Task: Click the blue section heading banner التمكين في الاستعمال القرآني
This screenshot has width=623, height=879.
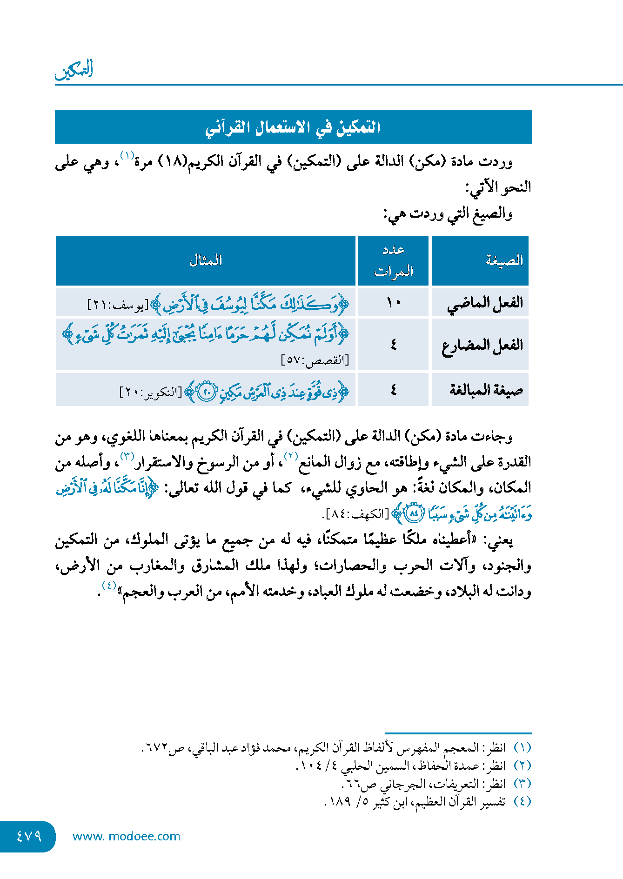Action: (293, 127)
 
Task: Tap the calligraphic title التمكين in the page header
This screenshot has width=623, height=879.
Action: (74, 70)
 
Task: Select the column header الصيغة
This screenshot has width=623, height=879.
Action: (504, 260)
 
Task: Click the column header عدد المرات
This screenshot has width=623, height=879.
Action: (394, 260)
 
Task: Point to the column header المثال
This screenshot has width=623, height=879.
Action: (206, 260)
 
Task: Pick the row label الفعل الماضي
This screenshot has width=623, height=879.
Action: (485, 303)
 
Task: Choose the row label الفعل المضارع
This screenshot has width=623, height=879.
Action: (482, 345)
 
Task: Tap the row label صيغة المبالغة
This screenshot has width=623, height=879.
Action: (486, 390)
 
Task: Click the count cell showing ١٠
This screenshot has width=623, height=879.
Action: (394, 303)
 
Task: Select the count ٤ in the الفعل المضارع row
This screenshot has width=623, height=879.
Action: (394, 345)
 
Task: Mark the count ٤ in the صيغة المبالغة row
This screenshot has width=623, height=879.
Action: (394, 390)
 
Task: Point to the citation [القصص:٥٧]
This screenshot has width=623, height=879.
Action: (315, 360)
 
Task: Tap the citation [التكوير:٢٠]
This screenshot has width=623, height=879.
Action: (151, 392)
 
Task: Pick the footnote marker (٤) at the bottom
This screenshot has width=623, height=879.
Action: (522, 801)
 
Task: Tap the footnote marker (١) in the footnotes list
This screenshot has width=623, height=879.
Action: (522, 747)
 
